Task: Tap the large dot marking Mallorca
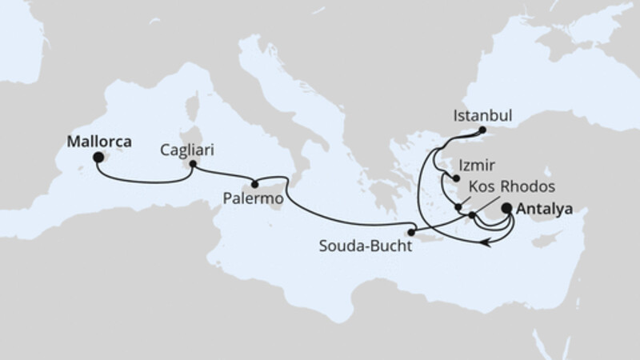98,158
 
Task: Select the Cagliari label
186,150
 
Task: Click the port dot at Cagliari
192,166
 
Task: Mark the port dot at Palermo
255,182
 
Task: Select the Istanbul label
482,114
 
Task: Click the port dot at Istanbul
482,130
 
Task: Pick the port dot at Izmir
455,180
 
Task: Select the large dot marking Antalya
507,210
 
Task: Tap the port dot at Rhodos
472,214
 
